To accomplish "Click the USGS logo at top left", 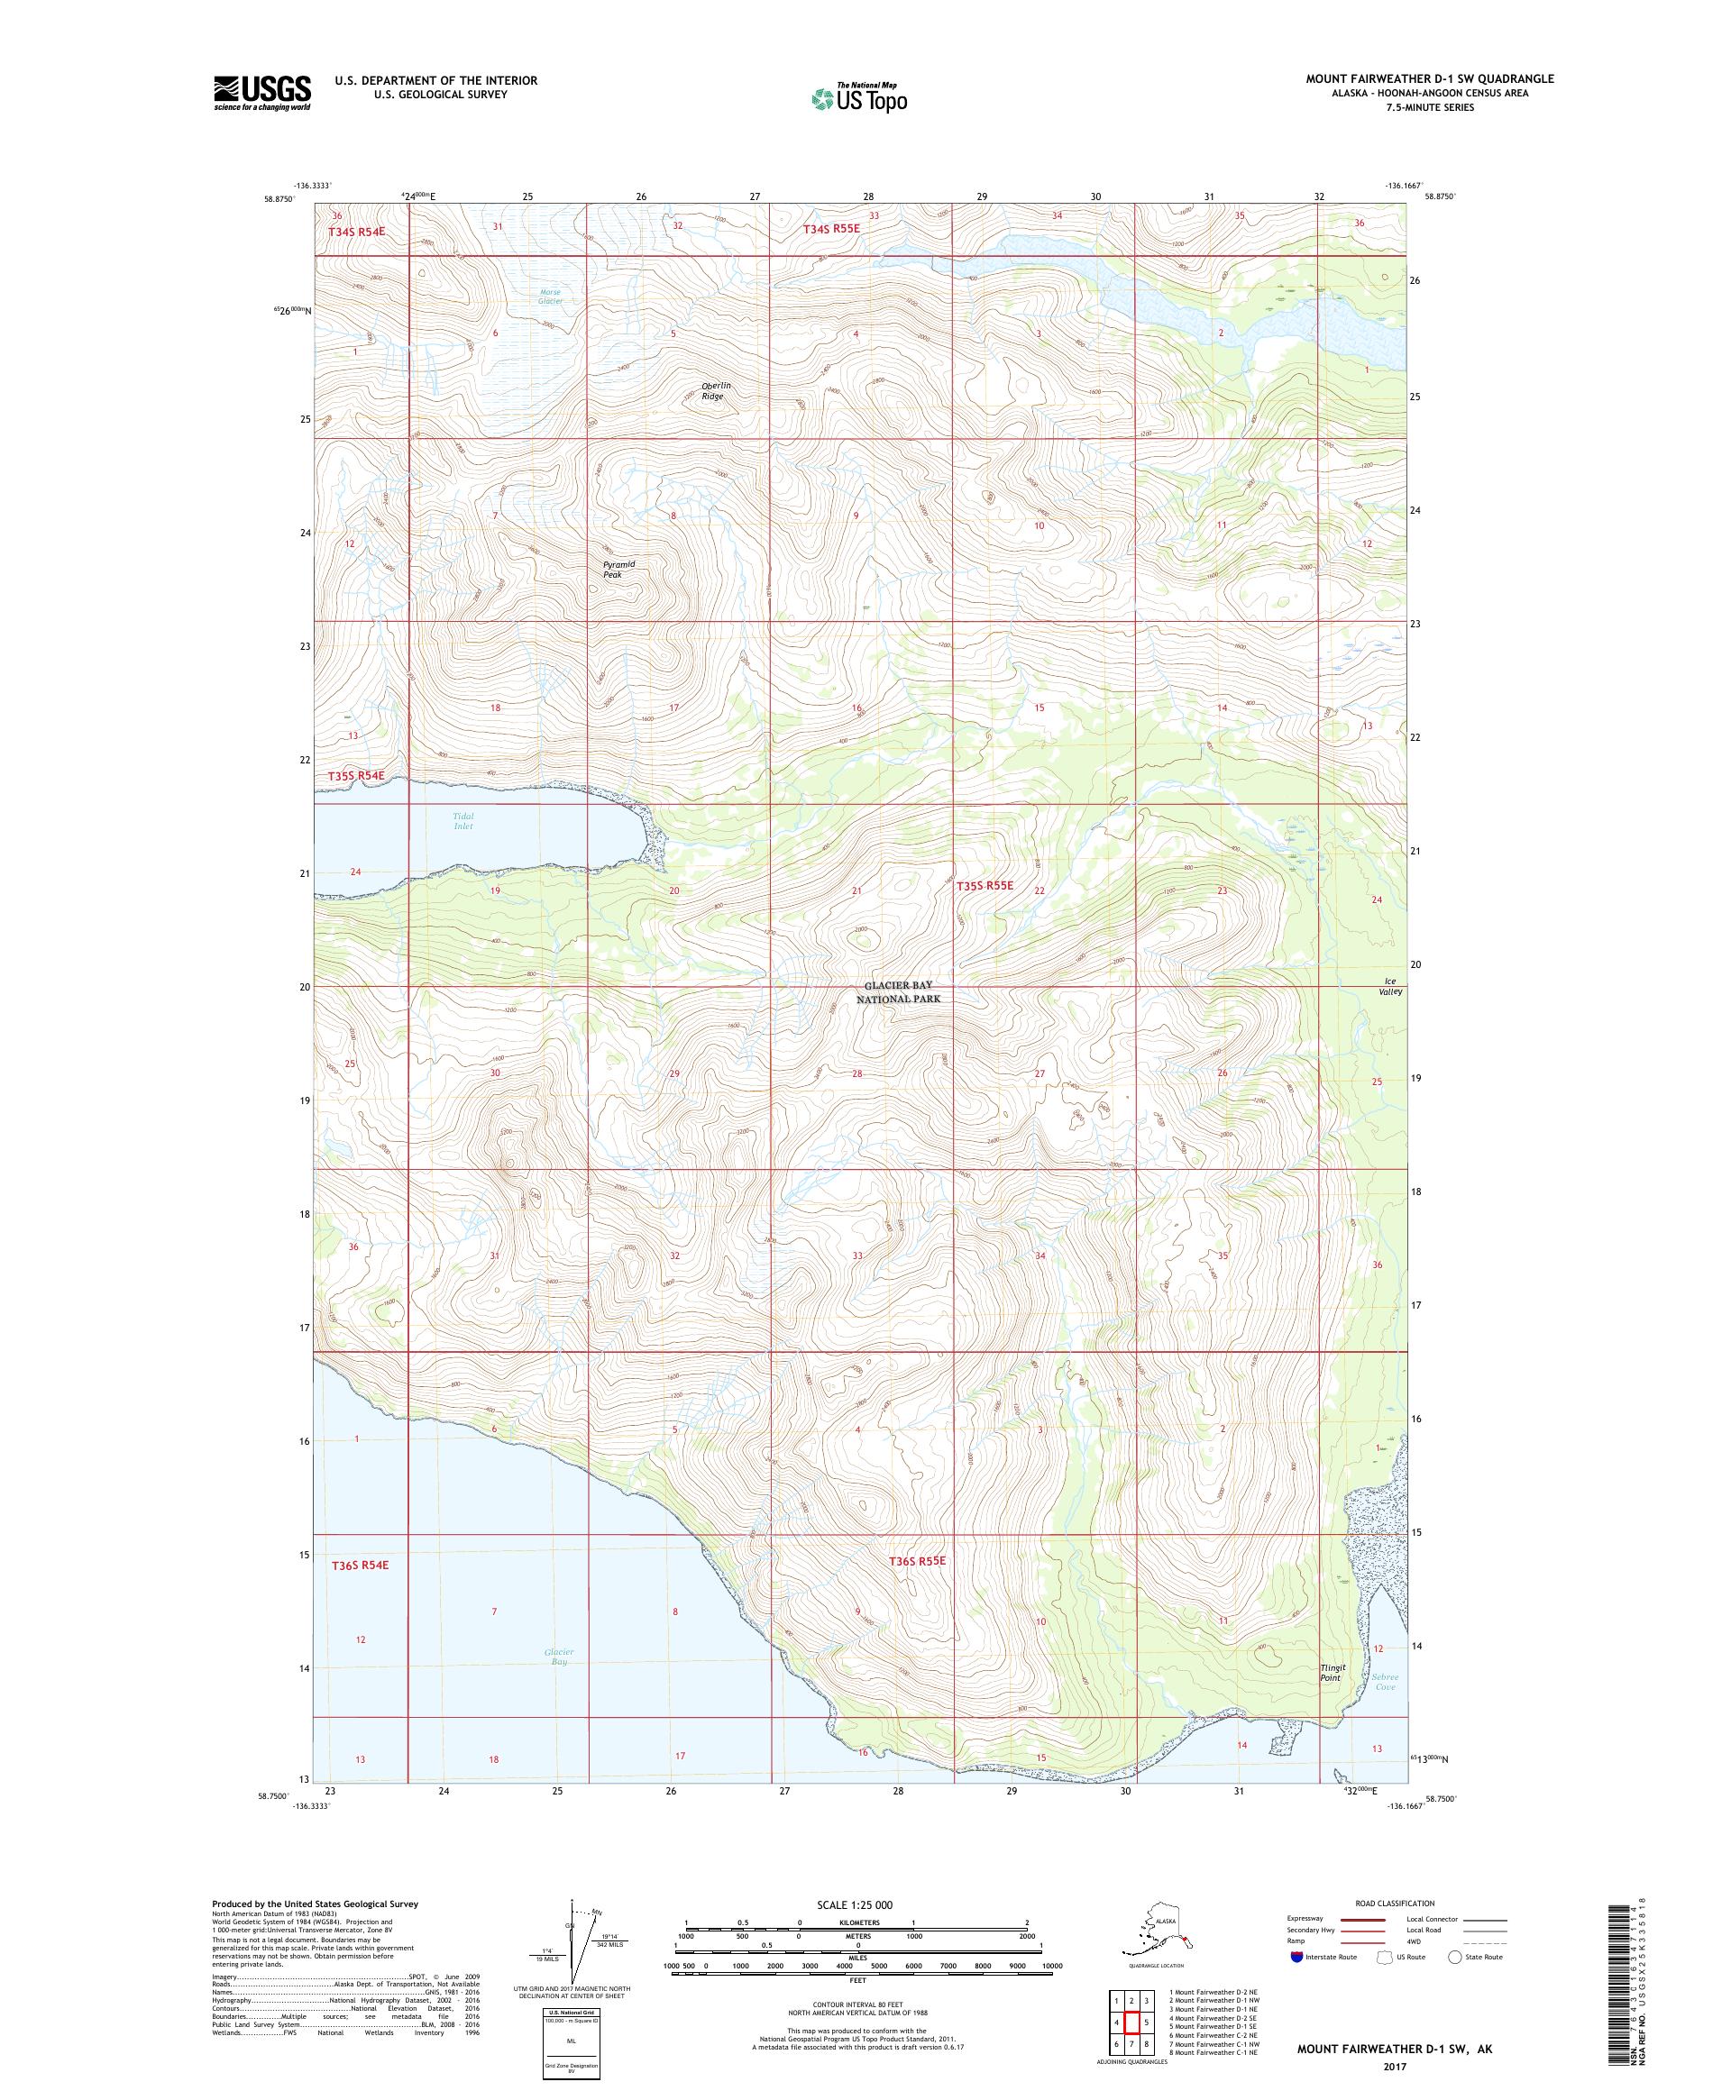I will click(x=261, y=93).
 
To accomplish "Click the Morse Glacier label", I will click(x=550, y=296).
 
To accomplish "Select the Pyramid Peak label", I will click(x=618, y=569).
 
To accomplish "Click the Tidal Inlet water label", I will click(x=463, y=820).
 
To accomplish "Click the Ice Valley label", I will click(x=1390, y=986).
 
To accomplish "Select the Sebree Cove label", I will click(x=1386, y=1682).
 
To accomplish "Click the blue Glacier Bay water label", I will click(x=559, y=1656).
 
